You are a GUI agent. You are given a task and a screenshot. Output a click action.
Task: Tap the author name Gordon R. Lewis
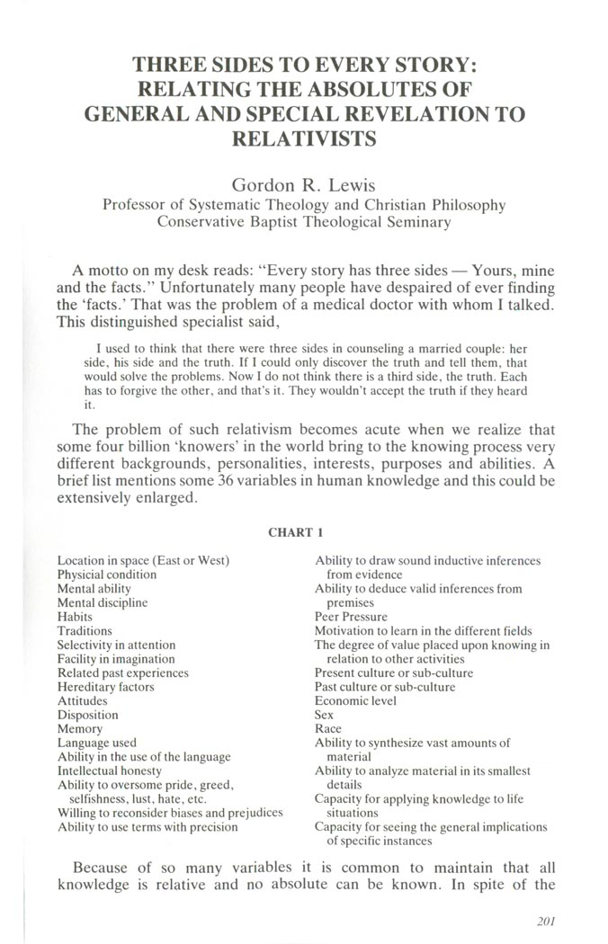click(303, 185)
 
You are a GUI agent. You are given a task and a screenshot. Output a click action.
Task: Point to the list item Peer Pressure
click(351, 617)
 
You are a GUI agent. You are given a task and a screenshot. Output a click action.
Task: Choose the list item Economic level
click(355, 700)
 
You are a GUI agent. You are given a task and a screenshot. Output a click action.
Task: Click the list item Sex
click(324, 715)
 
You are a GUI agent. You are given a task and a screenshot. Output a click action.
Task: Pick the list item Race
click(327, 728)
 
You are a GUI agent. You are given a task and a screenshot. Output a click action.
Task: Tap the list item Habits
click(76, 617)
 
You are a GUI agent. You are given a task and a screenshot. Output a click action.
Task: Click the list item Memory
click(80, 728)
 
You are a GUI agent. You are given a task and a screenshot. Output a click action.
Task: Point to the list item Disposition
click(87, 715)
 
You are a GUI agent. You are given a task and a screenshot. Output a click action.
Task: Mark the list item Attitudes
click(82, 700)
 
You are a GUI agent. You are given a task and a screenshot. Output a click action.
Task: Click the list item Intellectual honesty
click(110, 770)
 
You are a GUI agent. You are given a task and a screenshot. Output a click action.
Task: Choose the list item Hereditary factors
click(105, 687)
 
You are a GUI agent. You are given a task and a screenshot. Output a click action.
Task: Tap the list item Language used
click(97, 743)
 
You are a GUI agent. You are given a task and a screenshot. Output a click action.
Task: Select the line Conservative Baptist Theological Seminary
click(303, 222)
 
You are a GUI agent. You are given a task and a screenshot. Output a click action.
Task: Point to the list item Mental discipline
click(103, 602)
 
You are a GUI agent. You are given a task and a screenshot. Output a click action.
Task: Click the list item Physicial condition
click(107, 574)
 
